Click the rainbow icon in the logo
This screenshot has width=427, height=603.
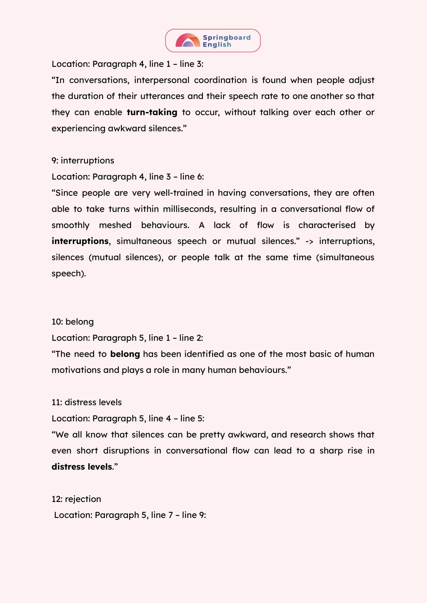point(188,41)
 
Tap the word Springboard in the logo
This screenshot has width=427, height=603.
point(227,38)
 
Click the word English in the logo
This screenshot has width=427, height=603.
point(217,45)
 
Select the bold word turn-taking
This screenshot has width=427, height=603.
point(152,112)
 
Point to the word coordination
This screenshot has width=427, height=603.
point(220,80)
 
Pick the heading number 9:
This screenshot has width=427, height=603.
point(55,161)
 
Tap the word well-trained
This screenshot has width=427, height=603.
point(178,193)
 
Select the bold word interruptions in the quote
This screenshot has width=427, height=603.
point(80,241)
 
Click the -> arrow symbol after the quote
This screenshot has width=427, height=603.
point(309,241)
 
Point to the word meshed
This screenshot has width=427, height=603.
point(115,225)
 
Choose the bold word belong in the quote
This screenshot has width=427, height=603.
point(125,354)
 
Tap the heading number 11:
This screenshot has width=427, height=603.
point(57,403)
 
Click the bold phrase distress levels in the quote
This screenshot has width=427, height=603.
point(82,467)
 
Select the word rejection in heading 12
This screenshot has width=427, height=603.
point(83,499)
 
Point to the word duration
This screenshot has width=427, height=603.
point(86,96)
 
